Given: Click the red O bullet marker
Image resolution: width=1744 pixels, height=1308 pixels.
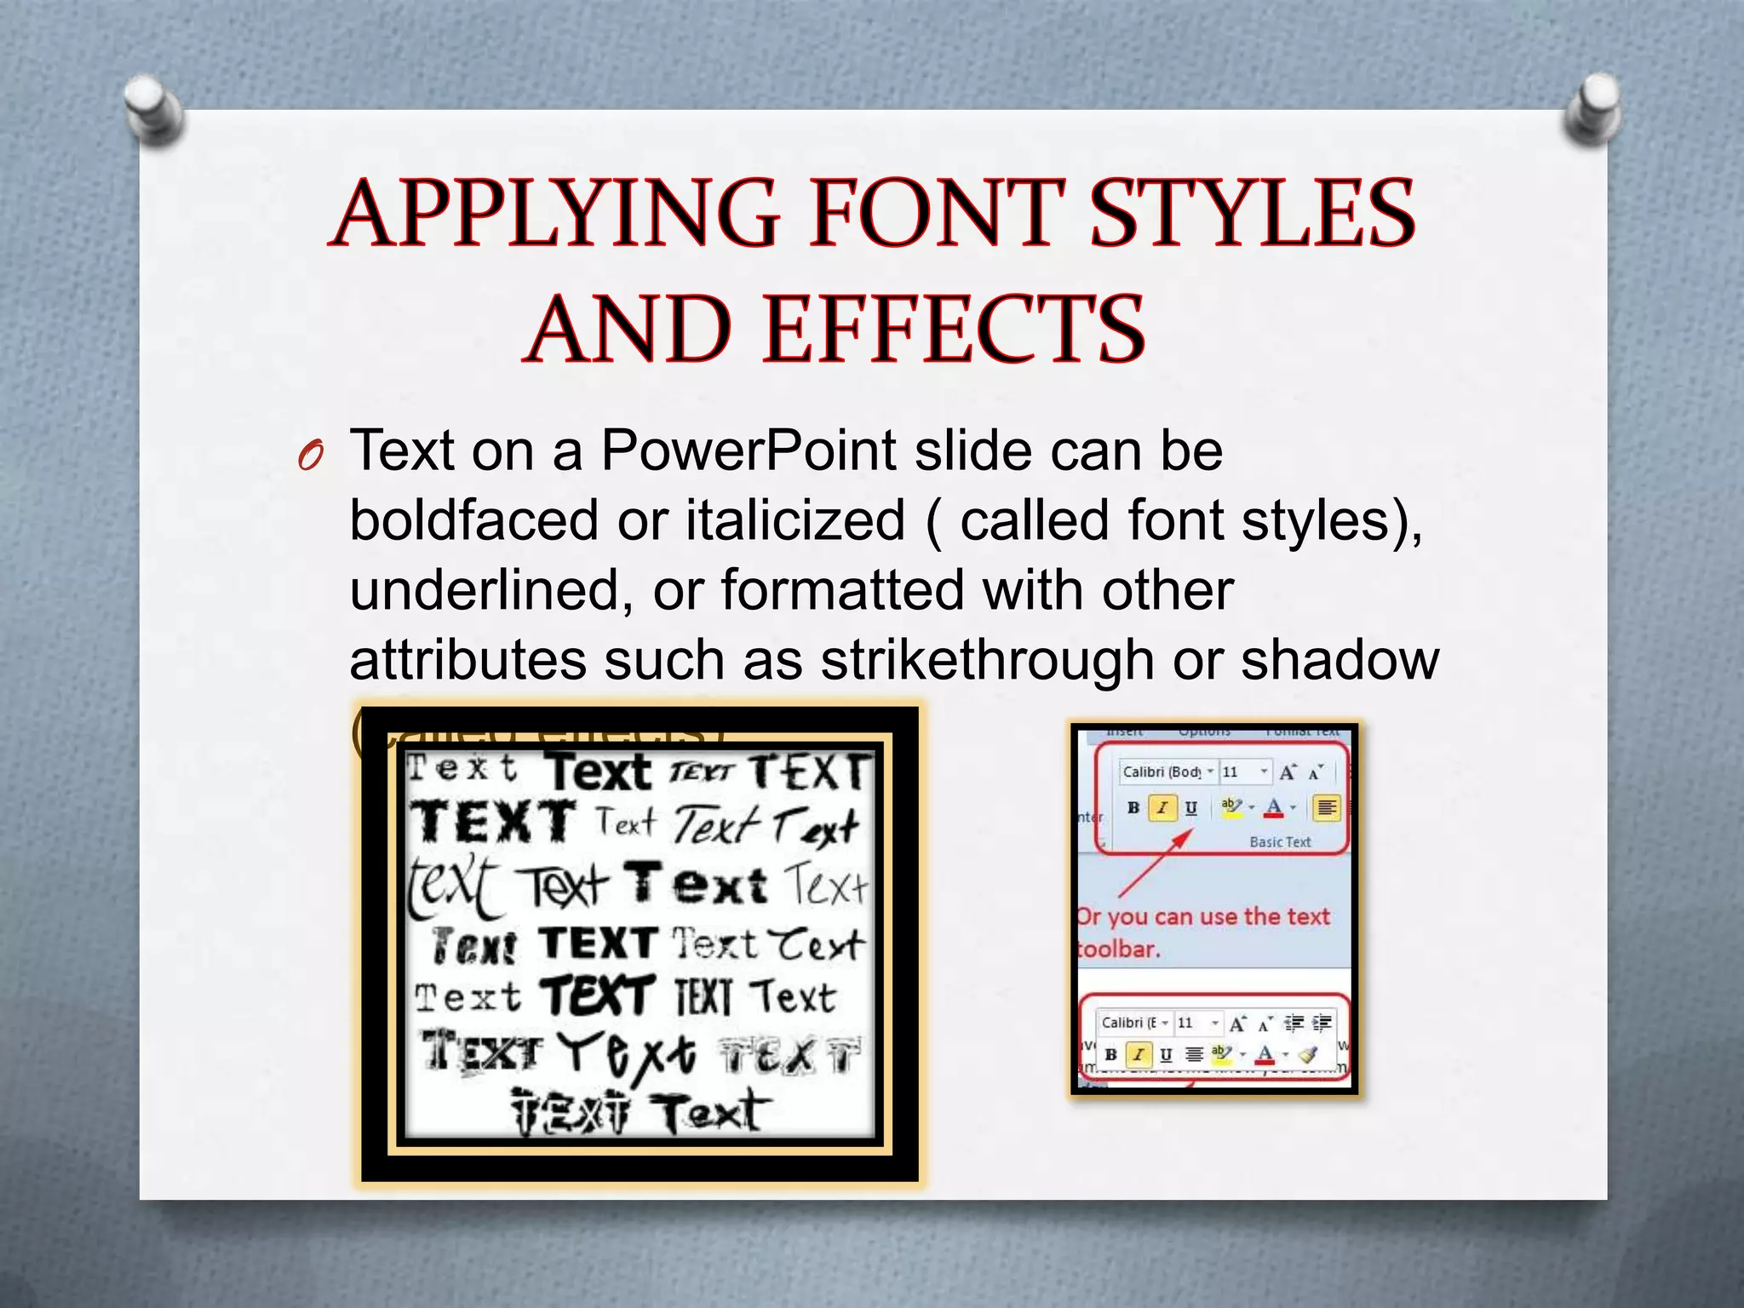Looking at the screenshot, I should pyautogui.click(x=310, y=457).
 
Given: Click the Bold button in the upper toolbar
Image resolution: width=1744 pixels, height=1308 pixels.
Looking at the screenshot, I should pyautogui.click(x=1133, y=807).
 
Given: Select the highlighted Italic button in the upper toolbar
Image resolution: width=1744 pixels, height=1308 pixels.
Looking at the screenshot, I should pyautogui.click(x=1162, y=807).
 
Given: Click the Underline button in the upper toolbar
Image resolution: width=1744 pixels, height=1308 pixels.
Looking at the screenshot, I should pyautogui.click(x=1190, y=807).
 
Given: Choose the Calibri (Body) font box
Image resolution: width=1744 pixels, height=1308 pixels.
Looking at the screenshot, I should pyautogui.click(x=1162, y=772).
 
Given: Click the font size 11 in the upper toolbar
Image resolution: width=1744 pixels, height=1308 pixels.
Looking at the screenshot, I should pyautogui.click(x=1231, y=772).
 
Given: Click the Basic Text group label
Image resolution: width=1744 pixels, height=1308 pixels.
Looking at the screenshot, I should pyautogui.click(x=1280, y=841).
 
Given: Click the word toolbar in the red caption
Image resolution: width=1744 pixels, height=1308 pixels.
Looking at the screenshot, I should pyautogui.click(x=1118, y=949).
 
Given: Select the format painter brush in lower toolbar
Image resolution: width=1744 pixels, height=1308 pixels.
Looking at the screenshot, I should pyautogui.click(x=1308, y=1054).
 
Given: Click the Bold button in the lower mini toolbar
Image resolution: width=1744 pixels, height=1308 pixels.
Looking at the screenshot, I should pyautogui.click(x=1110, y=1054).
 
